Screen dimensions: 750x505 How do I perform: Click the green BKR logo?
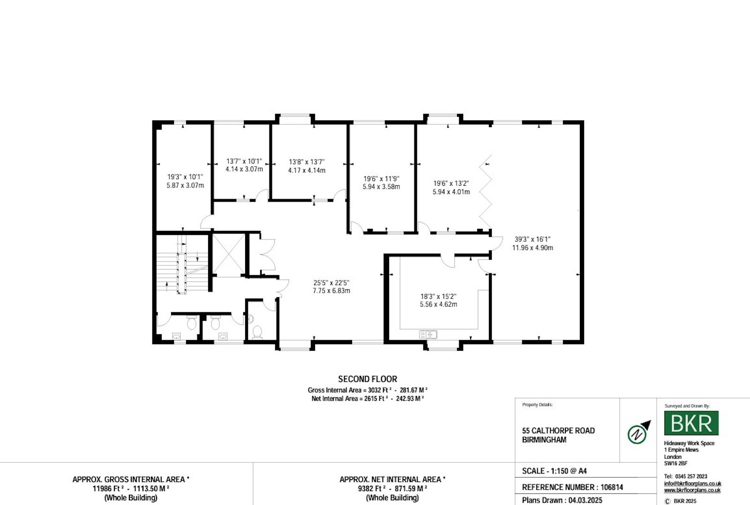click(691, 423)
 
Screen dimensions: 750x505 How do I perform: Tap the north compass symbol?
click(638, 433)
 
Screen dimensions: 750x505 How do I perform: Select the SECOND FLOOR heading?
click(367, 379)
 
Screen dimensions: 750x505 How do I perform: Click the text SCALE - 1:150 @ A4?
click(555, 471)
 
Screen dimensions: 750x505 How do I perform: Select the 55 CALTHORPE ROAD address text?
click(558, 430)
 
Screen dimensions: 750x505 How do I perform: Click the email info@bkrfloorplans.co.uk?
click(692, 483)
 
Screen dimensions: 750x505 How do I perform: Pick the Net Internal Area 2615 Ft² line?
click(367, 399)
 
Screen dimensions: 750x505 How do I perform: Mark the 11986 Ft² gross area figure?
click(106, 489)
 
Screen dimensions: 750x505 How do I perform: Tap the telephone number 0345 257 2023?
click(691, 476)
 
